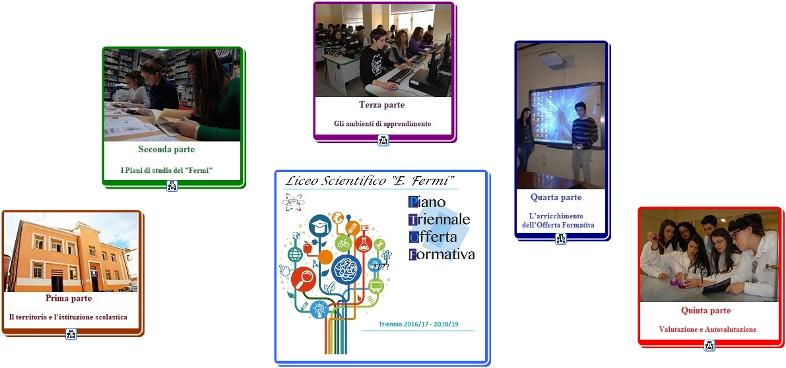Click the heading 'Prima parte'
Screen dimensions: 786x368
(69, 298)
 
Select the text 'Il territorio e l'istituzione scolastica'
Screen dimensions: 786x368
(68, 317)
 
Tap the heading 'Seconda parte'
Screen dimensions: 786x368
(166, 149)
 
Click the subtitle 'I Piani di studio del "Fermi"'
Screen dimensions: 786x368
(167, 170)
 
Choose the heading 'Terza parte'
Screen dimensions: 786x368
(382, 105)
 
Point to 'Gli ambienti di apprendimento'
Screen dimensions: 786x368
(383, 123)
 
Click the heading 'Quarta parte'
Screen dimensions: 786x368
(556, 197)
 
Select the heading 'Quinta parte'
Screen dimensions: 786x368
(705, 311)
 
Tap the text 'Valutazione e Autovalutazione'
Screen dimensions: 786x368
(708, 330)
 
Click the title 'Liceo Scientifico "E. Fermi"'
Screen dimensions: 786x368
(370, 180)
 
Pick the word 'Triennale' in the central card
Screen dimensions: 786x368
(440, 220)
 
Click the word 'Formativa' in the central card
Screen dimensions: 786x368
(442, 255)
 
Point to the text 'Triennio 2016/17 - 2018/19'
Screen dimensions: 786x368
(418, 324)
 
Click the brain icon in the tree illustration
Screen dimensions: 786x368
(346, 268)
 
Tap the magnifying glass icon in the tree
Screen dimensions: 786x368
(304, 280)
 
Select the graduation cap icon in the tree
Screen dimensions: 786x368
(320, 226)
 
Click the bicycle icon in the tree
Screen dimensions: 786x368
(343, 244)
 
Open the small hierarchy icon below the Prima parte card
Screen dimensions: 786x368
(71, 334)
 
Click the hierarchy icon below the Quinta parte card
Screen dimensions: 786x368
(709, 346)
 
